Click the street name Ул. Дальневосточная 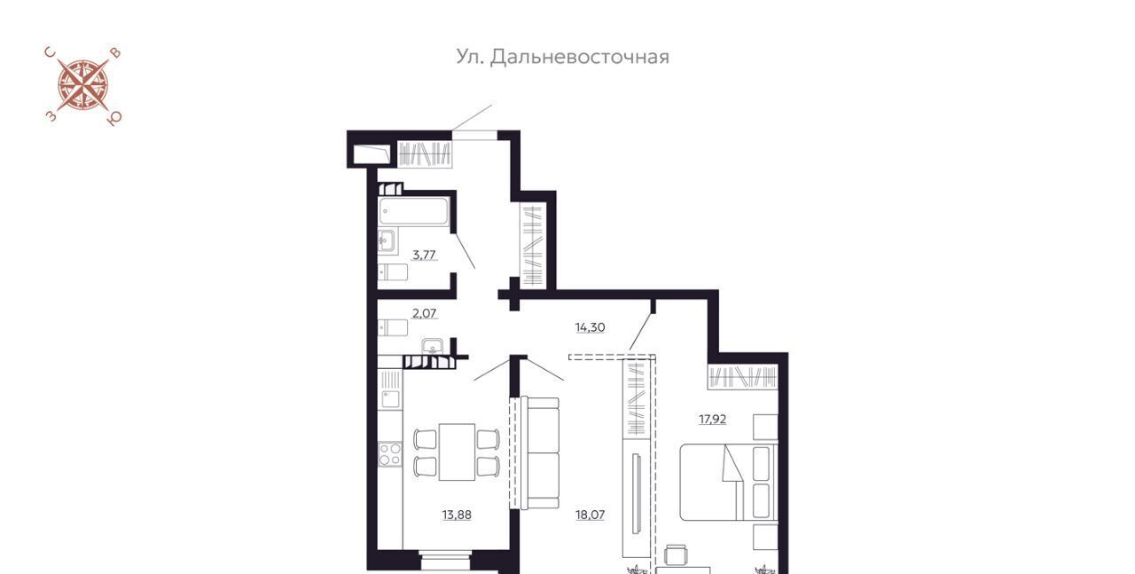pyautogui.click(x=562, y=57)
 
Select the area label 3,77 pyautogui.click(x=424, y=255)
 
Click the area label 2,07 pyautogui.click(x=424, y=313)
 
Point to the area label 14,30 pyautogui.click(x=590, y=327)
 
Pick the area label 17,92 pyautogui.click(x=712, y=420)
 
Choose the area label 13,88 pyautogui.click(x=457, y=515)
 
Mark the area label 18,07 pyautogui.click(x=590, y=515)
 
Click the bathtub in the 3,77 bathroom pyautogui.click(x=413, y=211)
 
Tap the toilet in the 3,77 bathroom pyautogui.click(x=393, y=272)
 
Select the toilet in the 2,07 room pyautogui.click(x=393, y=327)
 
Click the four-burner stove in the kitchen pyautogui.click(x=389, y=454)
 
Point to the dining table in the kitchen pyautogui.click(x=457, y=452)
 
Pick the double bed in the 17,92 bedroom pyautogui.click(x=729, y=483)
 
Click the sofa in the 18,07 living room pyautogui.click(x=540, y=452)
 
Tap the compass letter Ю pyautogui.click(x=114, y=119)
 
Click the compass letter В pyautogui.click(x=116, y=53)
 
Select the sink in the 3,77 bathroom pyautogui.click(x=387, y=240)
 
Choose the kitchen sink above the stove pyautogui.click(x=391, y=399)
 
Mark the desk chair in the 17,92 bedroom pyautogui.click(x=676, y=555)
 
